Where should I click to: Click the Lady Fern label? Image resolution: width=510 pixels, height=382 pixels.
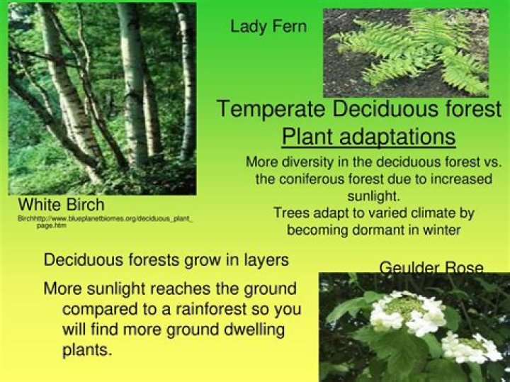point(268,27)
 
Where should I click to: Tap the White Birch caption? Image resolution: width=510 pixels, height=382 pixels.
point(60,206)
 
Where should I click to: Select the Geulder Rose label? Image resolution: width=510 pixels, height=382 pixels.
point(431,268)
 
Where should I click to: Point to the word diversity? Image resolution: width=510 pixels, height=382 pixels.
point(307,162)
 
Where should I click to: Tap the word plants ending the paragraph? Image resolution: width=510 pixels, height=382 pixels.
point(87,350)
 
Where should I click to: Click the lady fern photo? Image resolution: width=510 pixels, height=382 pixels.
point(405,52)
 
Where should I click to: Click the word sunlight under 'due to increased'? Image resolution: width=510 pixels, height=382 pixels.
point(373,196)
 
